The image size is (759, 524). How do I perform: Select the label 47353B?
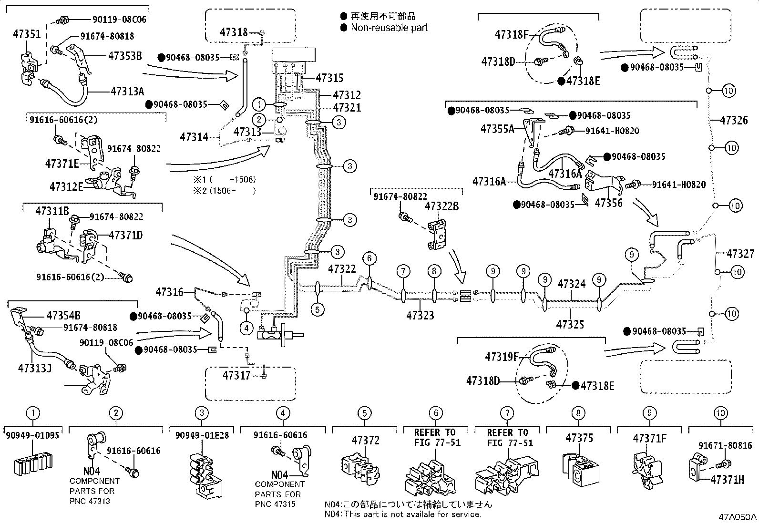pyautogui.click(x=125, y=55)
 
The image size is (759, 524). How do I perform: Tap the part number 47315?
pyautogui.click(x=329, y=78)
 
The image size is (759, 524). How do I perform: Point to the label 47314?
pyautogui.click(x=194, y=137)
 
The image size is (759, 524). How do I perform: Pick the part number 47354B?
pyautogui.click(x=63, y=315)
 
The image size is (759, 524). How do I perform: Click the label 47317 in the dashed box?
pyautogui.click(x=236, y=376)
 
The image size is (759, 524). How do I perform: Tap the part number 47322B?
pyautogui.click(x=441, y=206)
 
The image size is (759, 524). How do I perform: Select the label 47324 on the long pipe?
pyautogui.click(x=571, y=284)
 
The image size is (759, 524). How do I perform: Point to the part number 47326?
pyautogui.click(x=734, y=120)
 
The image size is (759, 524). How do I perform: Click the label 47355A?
pyautogui.click(x=497, y=129)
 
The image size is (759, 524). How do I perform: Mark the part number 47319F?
pyautogui.click(x=502, y=357)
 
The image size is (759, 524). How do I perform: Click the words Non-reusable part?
pyautogui.click(x=389, y=28)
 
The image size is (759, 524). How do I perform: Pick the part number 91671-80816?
pyautogui.click(x=725, y=446)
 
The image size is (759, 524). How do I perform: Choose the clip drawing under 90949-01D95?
pyautogui.click(x=32, y=463)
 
